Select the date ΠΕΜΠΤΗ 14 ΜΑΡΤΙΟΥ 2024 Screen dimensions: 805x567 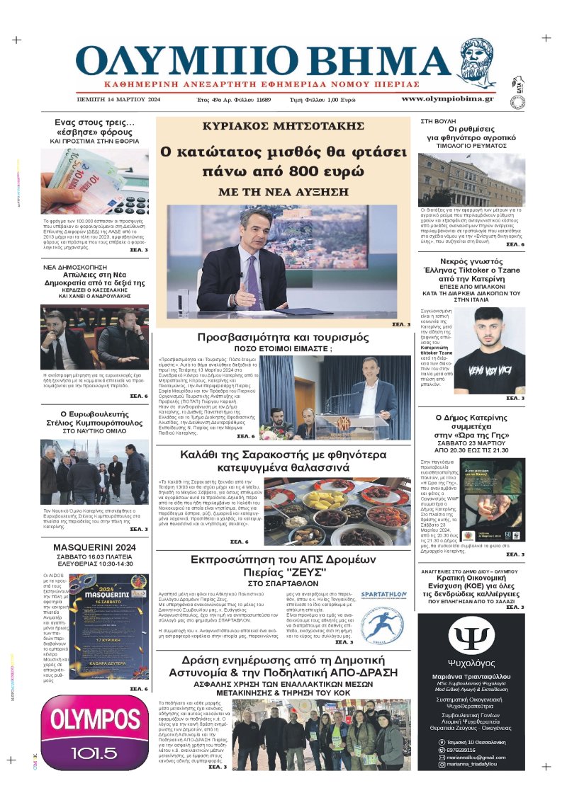(x=119, y=100)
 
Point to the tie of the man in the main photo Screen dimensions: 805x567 (x=253, y=272)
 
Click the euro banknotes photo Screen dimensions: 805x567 (x=94, y=182)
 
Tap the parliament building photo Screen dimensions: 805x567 (x=472, y=180)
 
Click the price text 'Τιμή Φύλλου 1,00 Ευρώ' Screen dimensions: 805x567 (x=322, y=100)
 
